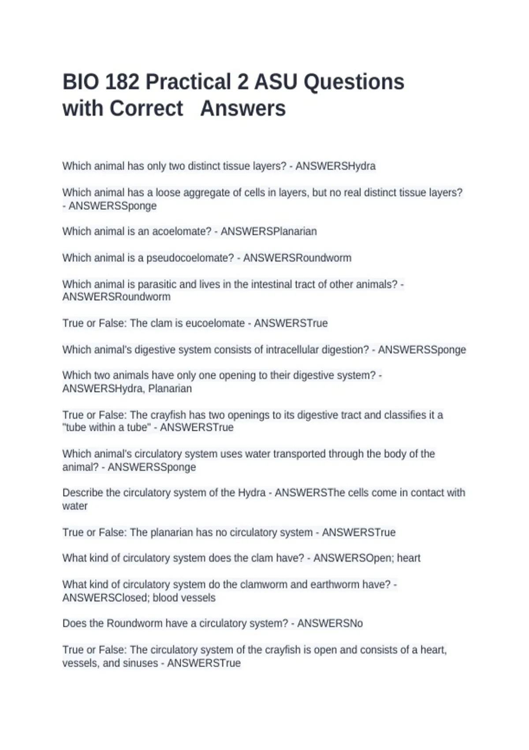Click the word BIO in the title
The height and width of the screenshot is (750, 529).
(80, 82)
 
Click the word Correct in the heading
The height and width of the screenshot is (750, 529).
(146, 109)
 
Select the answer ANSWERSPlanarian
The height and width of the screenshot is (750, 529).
(268, 232)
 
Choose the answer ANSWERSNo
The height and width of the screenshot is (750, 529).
(330, 623)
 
